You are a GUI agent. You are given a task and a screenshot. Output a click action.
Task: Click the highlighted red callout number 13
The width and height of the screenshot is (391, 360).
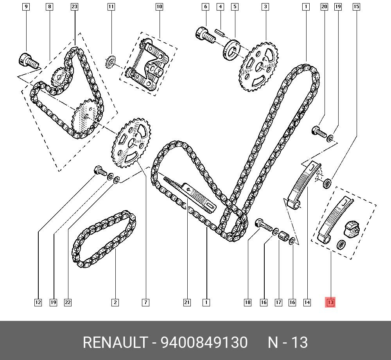(x=330, y=302)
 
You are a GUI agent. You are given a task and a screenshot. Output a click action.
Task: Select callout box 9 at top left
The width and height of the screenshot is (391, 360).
(x=26, y=7)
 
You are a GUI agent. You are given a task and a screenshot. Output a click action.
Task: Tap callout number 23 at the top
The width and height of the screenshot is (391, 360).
(x=74, y=7)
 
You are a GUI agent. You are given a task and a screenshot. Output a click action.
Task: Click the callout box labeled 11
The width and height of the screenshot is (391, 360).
(x=111, y=7)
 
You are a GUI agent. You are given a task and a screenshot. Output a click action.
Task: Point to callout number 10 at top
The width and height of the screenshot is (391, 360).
(x=159, y=7)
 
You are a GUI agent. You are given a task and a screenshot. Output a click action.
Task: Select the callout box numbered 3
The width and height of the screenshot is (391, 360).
(x=265, y=7)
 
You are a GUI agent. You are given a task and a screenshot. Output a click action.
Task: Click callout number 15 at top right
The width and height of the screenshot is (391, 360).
(x=356, y=7)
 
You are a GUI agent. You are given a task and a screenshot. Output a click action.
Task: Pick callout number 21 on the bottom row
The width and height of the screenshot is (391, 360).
(x=187, y=302)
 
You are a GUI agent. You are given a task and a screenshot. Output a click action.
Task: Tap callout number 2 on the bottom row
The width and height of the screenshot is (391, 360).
(x=115, y=302)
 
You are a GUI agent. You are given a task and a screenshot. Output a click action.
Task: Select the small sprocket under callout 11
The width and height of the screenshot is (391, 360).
(x=111, y=62)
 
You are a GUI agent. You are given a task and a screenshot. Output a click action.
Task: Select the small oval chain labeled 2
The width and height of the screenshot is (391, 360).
(x=104, y=239)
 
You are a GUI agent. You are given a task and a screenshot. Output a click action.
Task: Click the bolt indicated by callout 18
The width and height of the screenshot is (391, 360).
(x=262, y=225)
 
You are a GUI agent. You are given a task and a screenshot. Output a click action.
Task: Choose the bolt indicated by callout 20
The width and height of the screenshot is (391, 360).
(x=318, y=132)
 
